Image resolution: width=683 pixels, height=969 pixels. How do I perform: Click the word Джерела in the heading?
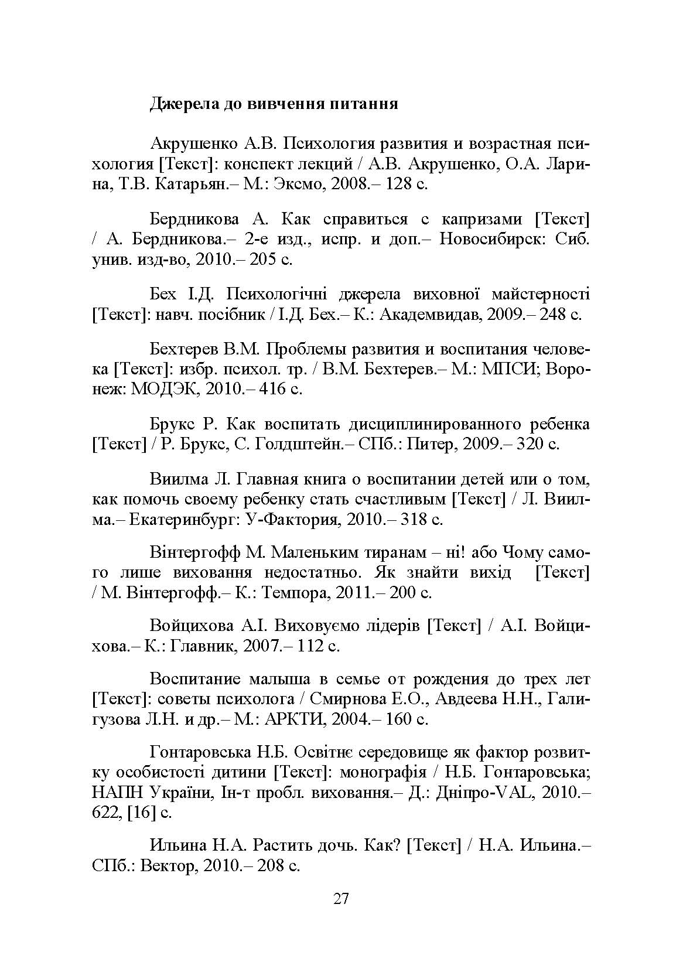180,104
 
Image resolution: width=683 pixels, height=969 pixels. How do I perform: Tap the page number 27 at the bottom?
341,915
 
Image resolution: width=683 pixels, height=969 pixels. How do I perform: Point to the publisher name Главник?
200,646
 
